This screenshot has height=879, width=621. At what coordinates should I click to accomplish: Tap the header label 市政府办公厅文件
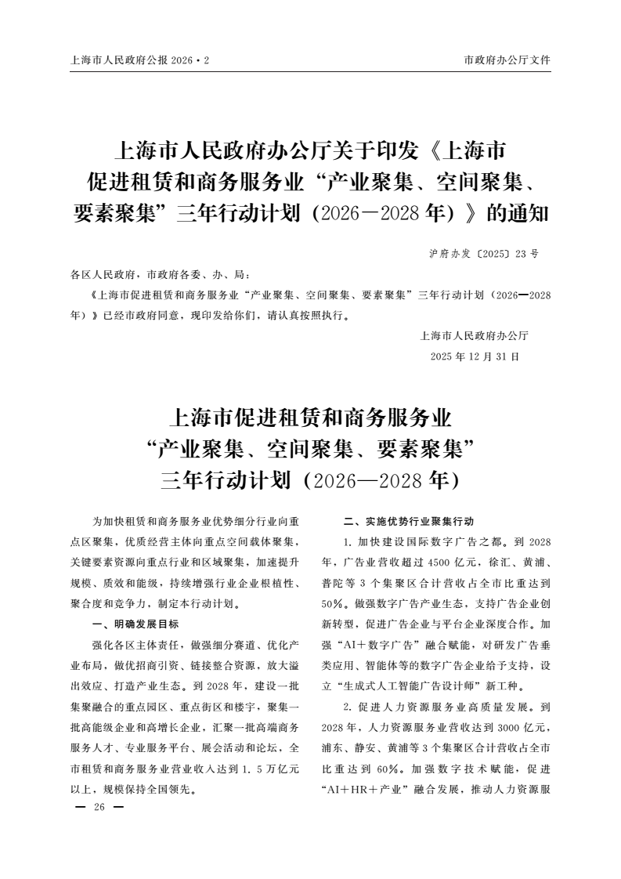pos(507,60)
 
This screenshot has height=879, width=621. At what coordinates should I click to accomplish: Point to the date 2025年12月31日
pos(475,356)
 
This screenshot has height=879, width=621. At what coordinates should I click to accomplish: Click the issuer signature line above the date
pos(475,337)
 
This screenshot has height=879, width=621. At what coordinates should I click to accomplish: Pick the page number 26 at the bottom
pos(99,808)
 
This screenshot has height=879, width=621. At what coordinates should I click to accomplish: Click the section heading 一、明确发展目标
pos(135,625)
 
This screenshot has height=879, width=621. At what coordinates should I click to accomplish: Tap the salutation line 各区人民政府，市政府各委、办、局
pos(160,275)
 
